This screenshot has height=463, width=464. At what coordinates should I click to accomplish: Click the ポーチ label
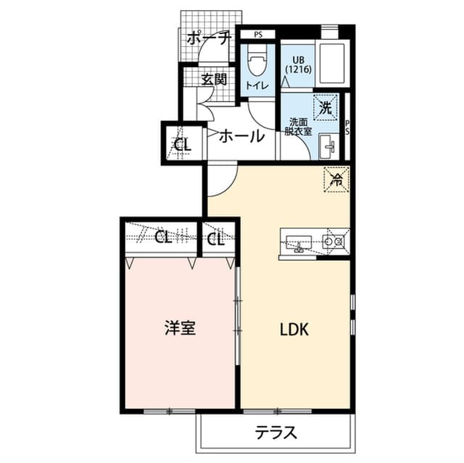point(208,38)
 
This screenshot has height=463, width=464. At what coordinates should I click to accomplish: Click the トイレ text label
point(257,86)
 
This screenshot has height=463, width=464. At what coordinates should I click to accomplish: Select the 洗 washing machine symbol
point(326,109)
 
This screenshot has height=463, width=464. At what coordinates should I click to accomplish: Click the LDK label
point(295,330)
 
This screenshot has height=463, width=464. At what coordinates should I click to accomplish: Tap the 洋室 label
point(179,328)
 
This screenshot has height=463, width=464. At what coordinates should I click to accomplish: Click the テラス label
point(275,433)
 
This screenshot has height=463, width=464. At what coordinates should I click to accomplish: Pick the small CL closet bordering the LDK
point(215,238)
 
